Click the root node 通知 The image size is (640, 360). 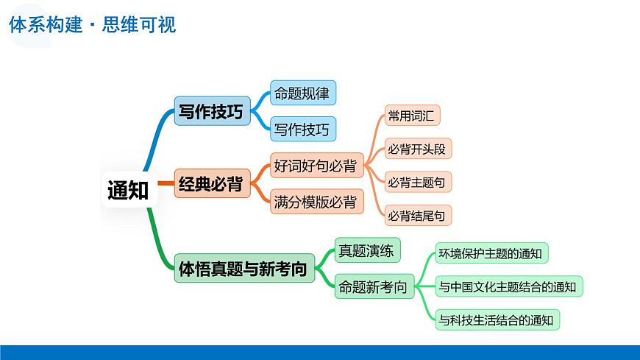point(128,191)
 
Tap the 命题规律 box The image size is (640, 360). point(302,93)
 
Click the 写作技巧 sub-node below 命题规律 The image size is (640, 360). point(302,130)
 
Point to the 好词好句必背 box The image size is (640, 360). point(315,166)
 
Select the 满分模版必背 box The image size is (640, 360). point(315,202)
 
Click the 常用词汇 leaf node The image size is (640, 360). point(413,116)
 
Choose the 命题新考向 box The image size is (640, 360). point(372,287)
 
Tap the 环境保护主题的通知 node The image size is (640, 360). point(491,254)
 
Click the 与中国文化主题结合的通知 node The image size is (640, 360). point(508,286)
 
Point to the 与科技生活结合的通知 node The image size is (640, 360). point(497,320)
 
